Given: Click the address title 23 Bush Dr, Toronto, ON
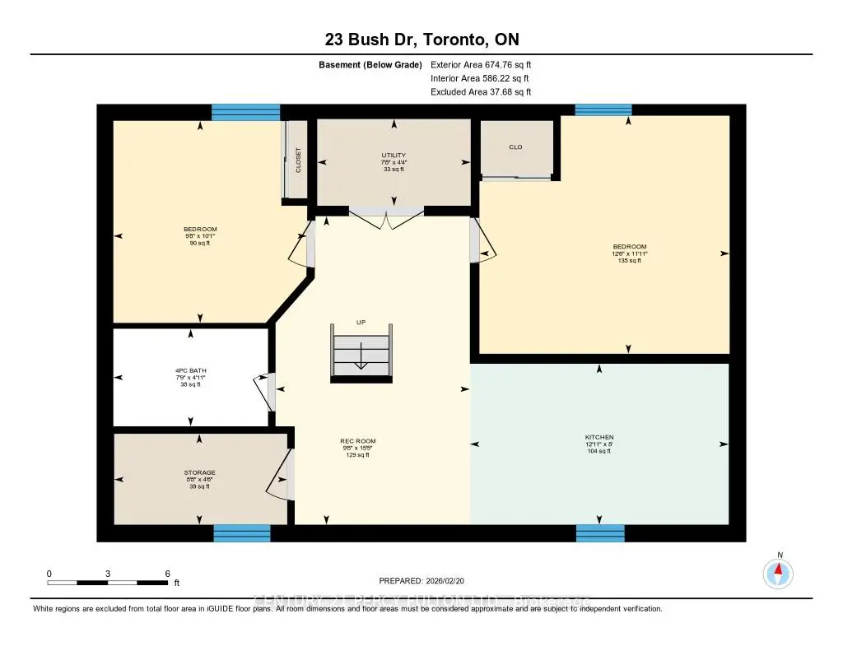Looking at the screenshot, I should [421, 40].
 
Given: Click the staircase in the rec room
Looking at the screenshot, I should [361, 353].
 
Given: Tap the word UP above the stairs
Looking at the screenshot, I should [361, 323].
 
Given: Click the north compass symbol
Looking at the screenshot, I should [778, 572].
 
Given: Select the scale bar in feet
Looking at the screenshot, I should [109, 583].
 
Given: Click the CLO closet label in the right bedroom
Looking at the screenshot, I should [515, 147].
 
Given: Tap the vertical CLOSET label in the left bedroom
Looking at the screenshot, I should [299, 160].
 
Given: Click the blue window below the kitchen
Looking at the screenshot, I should [600, 533].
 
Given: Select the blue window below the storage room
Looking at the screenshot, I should [242, 533].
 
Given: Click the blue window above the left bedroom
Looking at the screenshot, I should [245, 112].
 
